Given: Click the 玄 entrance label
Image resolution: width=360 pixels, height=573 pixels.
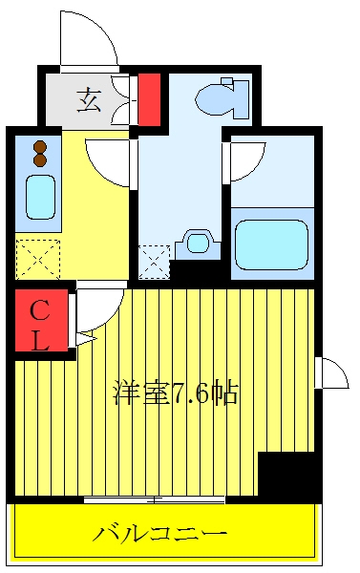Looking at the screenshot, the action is pyautogui.click(x=89, y=99).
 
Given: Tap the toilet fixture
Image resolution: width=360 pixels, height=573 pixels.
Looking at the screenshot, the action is pyautogui.click(x=222, y=98).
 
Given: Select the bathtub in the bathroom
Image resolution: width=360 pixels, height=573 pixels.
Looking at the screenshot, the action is pyautogui.click(x=271, y=244).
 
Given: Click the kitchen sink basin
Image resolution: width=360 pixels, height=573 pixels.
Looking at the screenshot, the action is pyautogui.click(x=40, y=198).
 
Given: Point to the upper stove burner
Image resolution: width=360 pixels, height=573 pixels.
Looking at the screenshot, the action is pyautogui.click(x=40, y=147).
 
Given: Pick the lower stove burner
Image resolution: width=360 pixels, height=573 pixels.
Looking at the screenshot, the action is pyautogui.click(x=40, y=160).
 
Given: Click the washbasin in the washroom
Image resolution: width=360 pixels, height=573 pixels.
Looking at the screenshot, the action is pyautogui.click(x=198, y=244).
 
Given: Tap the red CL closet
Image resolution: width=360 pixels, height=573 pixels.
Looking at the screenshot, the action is pyautogui.click(x=41, y=320).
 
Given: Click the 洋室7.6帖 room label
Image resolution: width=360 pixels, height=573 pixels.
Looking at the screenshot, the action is pyautogui.click(x=176, y=393).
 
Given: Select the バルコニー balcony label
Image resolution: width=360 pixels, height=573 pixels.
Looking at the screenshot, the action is pyautogui.click(x=159, y=534).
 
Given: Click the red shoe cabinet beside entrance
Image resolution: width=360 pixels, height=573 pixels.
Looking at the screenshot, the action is pyautogui.click(x=149, y=99).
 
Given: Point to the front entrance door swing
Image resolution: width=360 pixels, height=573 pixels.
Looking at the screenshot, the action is pyautogui.click(x=89, y=40).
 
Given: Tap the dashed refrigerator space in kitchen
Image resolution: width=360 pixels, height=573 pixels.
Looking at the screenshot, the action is pyautogui.click(x=37, y=260).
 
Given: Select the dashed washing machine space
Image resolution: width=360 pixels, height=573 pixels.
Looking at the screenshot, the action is pyautogui.click(x=154, y=262).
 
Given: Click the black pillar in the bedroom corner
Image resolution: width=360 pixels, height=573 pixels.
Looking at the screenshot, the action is pyautogui.click(x=286, y=475).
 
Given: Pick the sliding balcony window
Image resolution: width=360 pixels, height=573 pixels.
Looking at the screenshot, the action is pyautogui.click(x=154, y=499).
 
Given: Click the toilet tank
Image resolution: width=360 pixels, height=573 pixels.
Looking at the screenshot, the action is pyautogui.click(x=241, y=98).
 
